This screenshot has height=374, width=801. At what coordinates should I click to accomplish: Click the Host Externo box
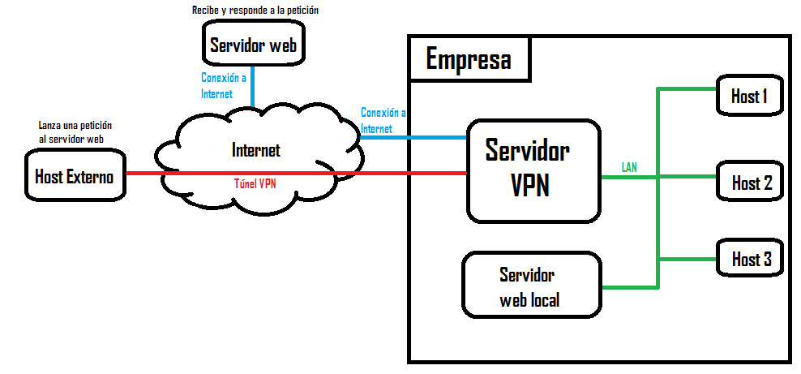(x=74, y=177)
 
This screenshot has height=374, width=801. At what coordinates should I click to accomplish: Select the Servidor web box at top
(x=254, y=45)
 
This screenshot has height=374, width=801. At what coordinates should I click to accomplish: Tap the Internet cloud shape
(x=256, y=151)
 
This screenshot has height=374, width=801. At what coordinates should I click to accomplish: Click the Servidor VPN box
(x=533, y=171)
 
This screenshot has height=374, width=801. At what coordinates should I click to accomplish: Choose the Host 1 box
(x=750, y=97)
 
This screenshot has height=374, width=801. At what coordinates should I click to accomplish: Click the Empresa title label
(x=469, y=60)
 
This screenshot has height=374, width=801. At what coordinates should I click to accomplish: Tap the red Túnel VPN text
(x=255, y=183)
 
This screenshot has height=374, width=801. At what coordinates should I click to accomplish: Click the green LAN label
(x=629, y=167)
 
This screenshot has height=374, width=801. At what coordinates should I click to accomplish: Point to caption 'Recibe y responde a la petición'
(x=255, y=11)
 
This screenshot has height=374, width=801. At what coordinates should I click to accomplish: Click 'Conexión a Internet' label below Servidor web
(x=224, y=86)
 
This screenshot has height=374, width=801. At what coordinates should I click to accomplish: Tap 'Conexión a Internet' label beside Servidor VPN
(x=383, y=120)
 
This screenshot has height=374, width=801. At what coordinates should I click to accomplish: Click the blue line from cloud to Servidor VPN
(x=413, y=137)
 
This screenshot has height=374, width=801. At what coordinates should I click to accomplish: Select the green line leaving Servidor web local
(x=628, y=286)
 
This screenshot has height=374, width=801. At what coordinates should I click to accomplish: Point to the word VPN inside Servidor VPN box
(x=530, y=186)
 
